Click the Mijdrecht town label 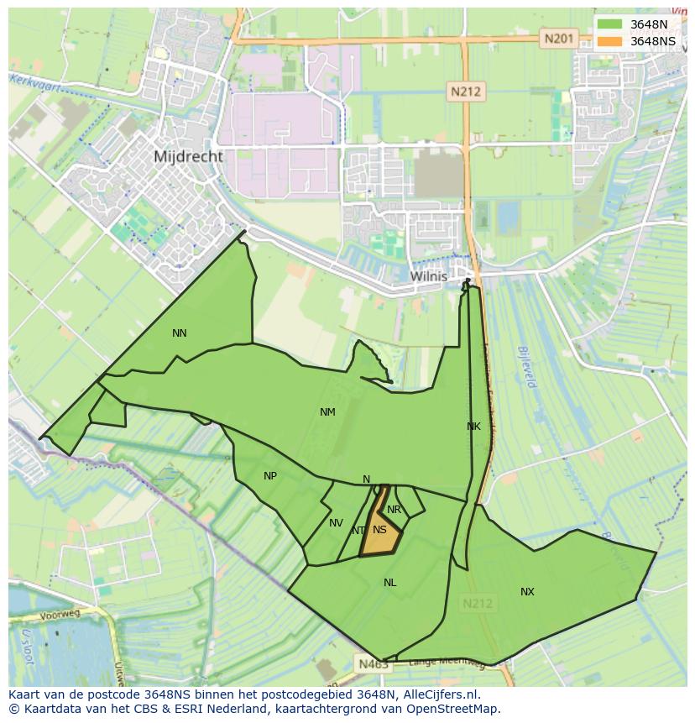pos(188,156)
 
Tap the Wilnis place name pos(428,275)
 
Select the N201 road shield pos(558,39)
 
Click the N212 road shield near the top pos(465,92)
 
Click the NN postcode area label pos(179,333)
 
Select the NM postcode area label pos(327,412)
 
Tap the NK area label pos(473,427)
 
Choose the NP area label pos(269,476)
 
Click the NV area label pos(336,523)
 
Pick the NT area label pos(358,531)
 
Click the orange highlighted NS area pos(380,537)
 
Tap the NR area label pos(394,510)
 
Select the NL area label pos(389,583)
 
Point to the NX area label pos(527,592)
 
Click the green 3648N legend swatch pos(610,24)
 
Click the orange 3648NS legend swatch pos(610,41)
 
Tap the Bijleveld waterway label pos(526,367)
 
